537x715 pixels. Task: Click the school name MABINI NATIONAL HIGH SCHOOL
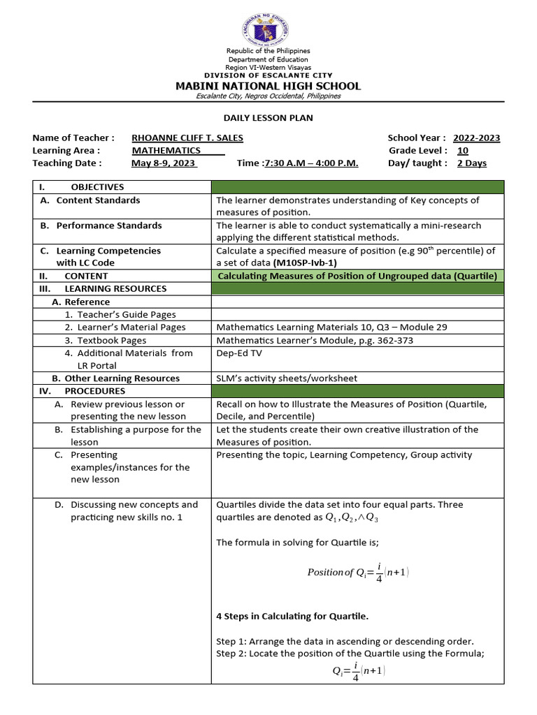coord(268,86)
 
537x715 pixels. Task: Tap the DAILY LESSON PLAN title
coord(268,118)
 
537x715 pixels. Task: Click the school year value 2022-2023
coord(476,138)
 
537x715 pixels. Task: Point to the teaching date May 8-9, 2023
coord(164,163)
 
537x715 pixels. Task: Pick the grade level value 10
coord(463,151)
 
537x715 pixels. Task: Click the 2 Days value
coord(472,163)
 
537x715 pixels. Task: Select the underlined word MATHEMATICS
coord(166,151)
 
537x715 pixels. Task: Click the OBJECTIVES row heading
coord(97,187)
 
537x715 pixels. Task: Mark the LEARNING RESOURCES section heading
coord(115,288)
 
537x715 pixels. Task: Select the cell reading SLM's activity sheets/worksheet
coord(287,378)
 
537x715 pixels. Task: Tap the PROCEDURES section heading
coord(94,391)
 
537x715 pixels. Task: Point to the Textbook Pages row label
coord(112,340)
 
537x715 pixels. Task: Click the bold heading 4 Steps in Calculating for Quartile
coord(292,616)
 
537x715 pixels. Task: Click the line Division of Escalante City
coord(268,75)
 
